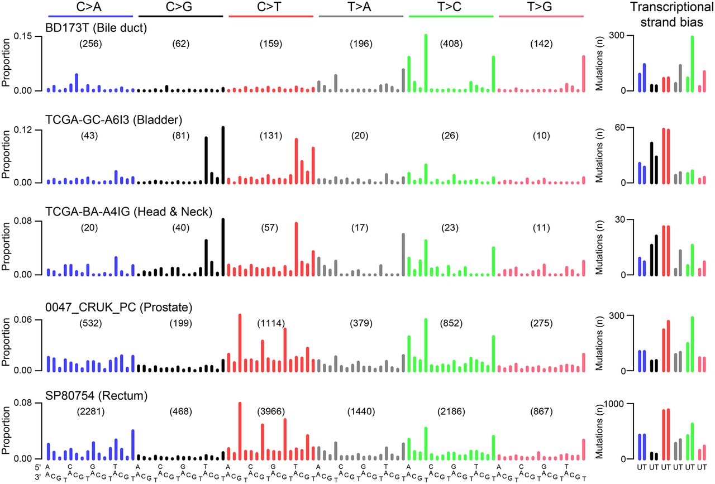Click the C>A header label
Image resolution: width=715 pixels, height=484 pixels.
tap(90, 7)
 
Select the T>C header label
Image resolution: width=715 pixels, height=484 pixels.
tap(451, 7)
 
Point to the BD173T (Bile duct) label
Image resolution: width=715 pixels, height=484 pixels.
tap(97, 26)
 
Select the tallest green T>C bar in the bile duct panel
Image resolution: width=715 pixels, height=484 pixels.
tap(426, 61)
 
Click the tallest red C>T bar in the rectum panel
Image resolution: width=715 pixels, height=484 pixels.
tap(240, 430)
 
